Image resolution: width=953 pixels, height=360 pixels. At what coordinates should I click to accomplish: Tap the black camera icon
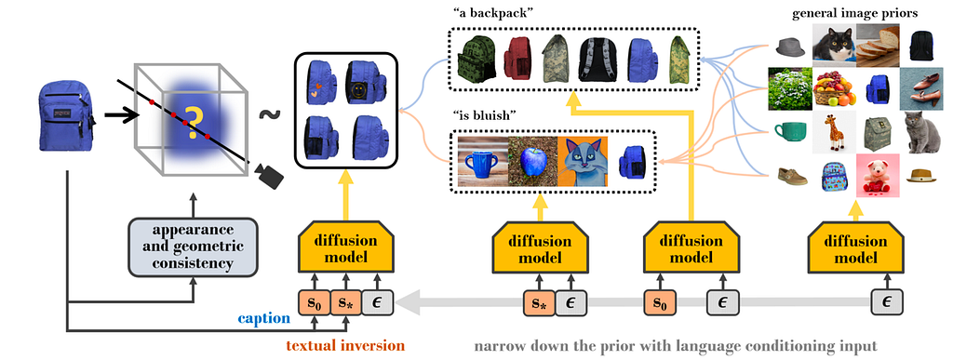[268, 175]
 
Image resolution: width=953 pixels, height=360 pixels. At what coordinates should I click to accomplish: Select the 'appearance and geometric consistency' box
[193, 247]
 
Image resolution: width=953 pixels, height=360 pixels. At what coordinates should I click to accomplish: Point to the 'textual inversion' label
[345, 345]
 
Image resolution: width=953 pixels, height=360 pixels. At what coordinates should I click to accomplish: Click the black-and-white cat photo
[834, 45]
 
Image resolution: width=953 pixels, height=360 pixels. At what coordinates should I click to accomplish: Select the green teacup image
[791, 131]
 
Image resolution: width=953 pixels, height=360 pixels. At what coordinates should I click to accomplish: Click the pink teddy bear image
[877, 176]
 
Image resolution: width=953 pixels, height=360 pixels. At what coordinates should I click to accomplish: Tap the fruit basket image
[834, 88]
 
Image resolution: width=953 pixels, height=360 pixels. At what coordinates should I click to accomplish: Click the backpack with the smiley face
[363, 82]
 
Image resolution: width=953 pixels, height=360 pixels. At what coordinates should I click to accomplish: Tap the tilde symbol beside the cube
[266, 114]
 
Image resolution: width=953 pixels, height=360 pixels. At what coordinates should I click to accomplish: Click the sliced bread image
[877, 45]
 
